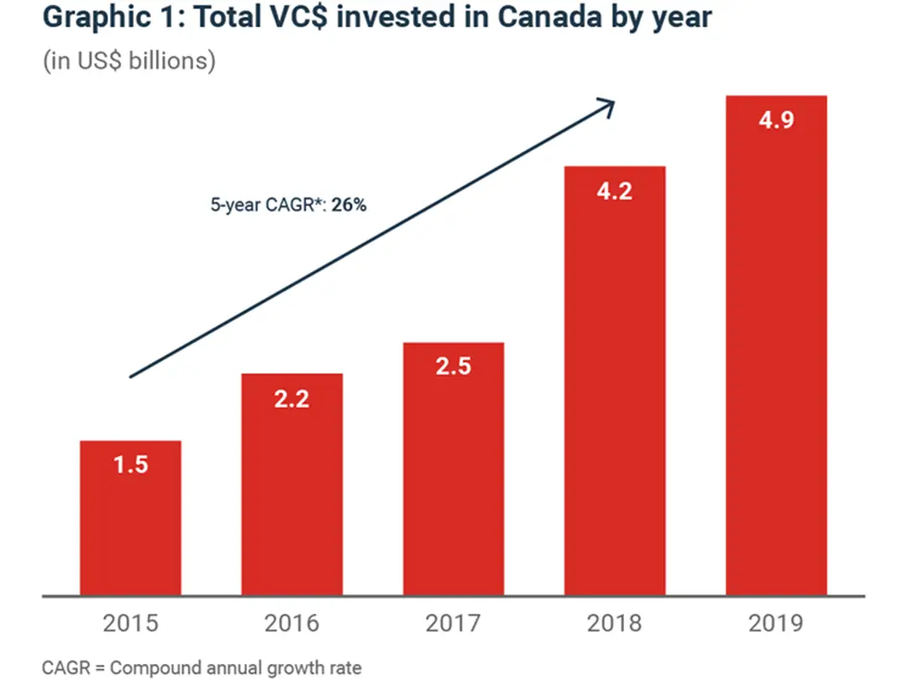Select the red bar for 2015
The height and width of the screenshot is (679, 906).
click(130, 528)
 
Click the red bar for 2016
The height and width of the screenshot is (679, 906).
click(292, 495)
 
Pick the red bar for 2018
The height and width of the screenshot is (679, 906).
click(615, 394)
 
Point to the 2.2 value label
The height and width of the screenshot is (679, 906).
click(292, 399)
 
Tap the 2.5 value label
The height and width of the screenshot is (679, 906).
click(454, 366)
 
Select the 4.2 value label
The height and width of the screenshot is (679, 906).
click(615, 191)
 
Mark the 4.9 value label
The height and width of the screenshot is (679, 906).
click(776, 119)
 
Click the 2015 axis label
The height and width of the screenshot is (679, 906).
click(131, 624)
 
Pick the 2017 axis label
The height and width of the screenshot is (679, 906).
click(454, 624)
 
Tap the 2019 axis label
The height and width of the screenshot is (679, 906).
click(776, 624)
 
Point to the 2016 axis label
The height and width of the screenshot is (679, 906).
click(292, 624)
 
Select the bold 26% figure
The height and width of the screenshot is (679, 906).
click(348, 205)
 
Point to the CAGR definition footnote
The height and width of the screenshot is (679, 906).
click(201, 668)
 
